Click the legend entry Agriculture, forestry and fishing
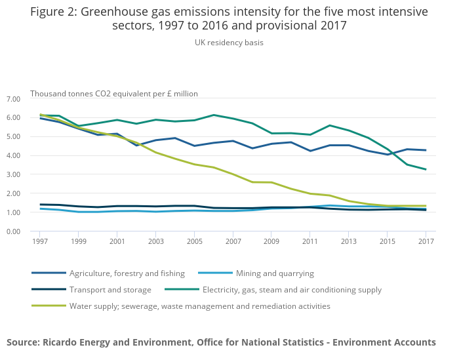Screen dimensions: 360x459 127,273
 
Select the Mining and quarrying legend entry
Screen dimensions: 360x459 273,273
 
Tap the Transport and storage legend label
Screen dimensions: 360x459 110,290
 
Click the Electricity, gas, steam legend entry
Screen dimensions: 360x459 292,290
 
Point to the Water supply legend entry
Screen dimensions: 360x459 199,306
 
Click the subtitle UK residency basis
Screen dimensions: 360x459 229,43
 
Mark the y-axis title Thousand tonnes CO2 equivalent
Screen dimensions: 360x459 114,94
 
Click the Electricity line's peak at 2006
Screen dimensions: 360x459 214,115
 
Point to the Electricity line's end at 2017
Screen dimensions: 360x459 426,169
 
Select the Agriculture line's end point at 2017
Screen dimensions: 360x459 426,150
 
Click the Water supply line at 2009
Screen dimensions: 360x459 271,182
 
